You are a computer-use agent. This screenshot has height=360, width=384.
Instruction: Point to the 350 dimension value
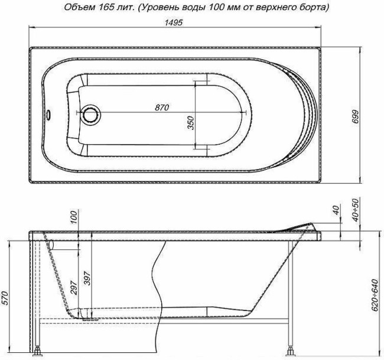pos(190,122)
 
